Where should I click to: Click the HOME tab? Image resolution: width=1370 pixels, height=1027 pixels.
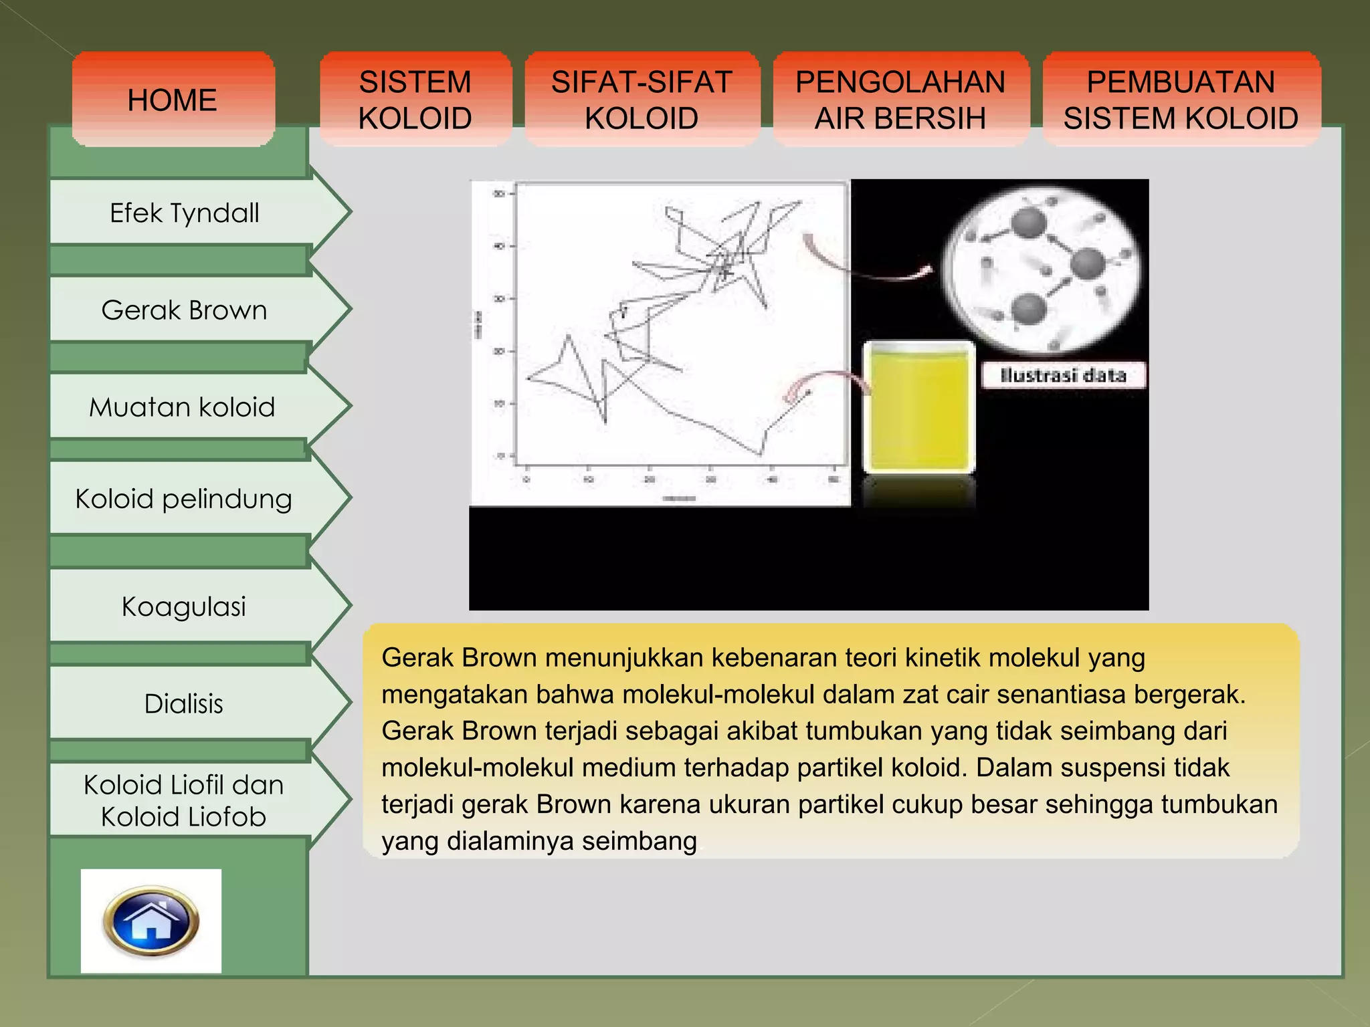coord(173,100)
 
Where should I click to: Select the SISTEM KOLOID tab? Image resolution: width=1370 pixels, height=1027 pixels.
coord(415,100)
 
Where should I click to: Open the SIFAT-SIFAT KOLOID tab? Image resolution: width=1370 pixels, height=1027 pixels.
coord(642,100)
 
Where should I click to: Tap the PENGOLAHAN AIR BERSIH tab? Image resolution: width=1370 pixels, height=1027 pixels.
coord(900,100)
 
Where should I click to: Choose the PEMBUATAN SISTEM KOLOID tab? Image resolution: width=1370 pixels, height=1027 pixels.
coord(1181,100)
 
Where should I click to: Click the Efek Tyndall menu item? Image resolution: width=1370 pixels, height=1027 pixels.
coord(185,213)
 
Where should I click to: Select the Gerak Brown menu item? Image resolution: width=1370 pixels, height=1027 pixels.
coord(185,310)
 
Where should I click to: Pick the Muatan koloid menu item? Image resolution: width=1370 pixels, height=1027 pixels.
coord(182,407)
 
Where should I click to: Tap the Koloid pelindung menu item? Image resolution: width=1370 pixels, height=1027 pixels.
coord(183,499)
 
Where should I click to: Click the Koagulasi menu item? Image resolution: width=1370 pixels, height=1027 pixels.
coord(184,606)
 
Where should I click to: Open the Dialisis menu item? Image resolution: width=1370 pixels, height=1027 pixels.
coord(184,703)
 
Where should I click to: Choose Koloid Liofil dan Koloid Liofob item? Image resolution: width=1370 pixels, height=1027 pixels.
coord(184,800)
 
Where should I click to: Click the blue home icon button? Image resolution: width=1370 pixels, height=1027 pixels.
coord(151,921)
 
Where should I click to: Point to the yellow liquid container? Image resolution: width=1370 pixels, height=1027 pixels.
coord(918,408)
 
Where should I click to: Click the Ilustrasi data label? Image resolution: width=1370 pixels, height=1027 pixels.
coord(1063,375)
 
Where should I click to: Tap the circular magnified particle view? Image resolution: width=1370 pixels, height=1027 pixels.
coord(1041,270)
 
